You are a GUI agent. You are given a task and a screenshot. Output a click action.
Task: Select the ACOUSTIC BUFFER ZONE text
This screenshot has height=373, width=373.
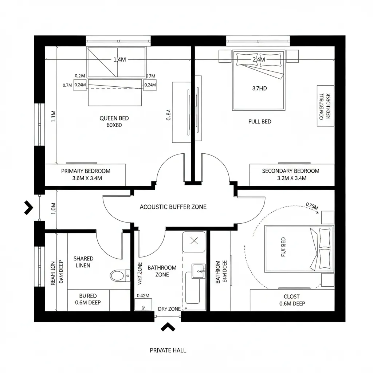click(173, 207)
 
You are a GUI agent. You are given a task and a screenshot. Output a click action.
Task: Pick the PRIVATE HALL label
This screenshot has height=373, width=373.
click(168, 350)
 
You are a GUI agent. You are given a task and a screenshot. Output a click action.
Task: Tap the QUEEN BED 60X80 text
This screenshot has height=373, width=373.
click(114, 122)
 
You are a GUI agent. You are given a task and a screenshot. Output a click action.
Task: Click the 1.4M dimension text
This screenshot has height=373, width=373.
click(119, 60)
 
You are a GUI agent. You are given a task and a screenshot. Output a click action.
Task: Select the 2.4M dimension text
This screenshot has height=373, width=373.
click(259, 60)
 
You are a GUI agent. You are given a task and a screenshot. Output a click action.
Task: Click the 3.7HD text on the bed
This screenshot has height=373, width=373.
click(259, 88)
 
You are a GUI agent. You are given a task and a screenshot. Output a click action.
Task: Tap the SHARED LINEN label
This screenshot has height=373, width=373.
click(83, 262)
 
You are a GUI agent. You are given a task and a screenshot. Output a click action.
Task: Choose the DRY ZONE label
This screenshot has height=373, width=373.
click(169, 309)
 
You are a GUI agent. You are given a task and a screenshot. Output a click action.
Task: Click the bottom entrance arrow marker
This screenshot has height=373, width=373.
click(168, 327)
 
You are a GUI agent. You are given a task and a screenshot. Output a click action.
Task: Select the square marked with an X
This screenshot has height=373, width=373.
click(194, 240)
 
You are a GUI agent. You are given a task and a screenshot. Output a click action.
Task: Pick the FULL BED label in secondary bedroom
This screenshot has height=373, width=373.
click(260, 122)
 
